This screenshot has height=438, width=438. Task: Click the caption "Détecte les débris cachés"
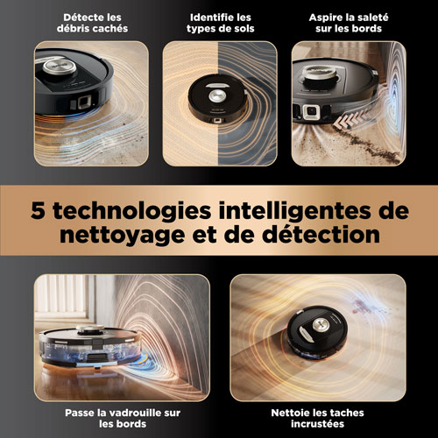[83, 24]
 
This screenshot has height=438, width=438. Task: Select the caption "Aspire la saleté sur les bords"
[350, 24]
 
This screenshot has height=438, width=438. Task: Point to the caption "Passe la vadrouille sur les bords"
[97, 413]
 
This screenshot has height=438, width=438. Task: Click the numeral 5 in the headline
[39, 210]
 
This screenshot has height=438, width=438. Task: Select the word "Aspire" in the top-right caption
[326, 17]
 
